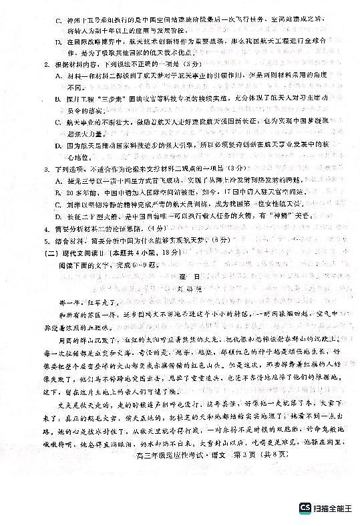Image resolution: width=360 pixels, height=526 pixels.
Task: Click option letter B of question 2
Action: (58, 98)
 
